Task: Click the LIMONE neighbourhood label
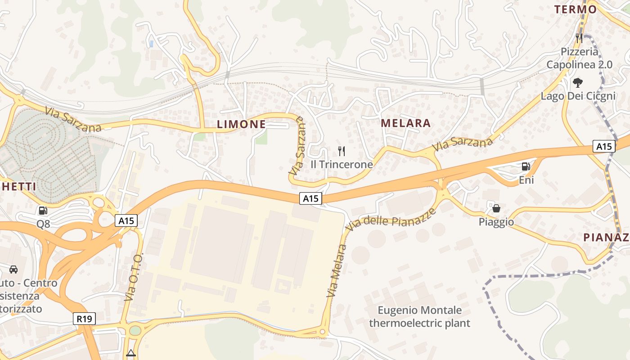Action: pyautogui.click(x=241, y=124)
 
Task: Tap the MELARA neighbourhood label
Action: pyautogui.click(x=405, y=123)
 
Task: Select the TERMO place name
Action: pyautogui.click(x=575, y=9)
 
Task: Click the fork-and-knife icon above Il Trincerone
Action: pyautogui.click(x=342, y=151)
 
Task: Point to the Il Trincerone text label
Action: pyautogui.click(x=342, y=164)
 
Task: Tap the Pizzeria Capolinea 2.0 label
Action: pyautogui.click(x=579, y=58)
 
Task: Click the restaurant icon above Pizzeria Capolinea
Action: pyautogui.click(x=579, y=38)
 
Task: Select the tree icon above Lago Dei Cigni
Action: pyautogui.click(x=578, y=83)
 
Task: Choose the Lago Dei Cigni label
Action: pyautogui.click(x=578, y=96)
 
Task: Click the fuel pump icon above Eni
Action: pyautogui.click(x=526, y=166)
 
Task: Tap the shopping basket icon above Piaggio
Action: pyautogui.click(x=496, y=208)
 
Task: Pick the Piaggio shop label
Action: pyautogui.click(x=496, y=222)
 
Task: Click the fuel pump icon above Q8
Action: pyautogui.click(x=43, y=210)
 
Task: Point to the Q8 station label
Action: pyautogui.click(x=43, y=224)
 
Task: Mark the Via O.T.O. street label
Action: pyautogui.click(x=134, y=277)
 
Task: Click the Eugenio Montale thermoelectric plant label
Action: pyautogui.click(x=419, y=316)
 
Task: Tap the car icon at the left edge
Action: pyautogui.click(x=13, y=269)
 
